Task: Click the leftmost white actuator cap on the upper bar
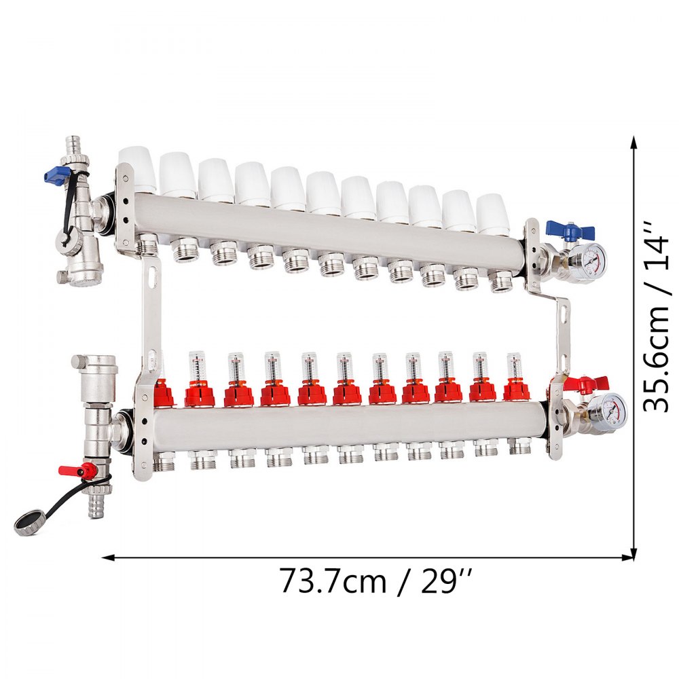[x=138, y=170]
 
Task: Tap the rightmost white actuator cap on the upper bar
[x=493, y=212]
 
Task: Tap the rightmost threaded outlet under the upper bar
[x=501, y=280]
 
